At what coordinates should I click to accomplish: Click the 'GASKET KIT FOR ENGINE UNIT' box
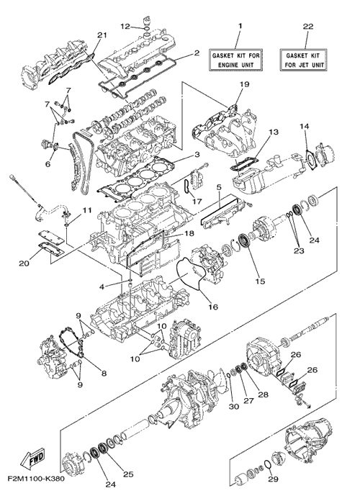[235, 60]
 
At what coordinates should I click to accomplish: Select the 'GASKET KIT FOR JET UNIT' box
[304, 60]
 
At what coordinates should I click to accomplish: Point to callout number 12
[125, 26]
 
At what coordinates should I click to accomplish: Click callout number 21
[102, 35]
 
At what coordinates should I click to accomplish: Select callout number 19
[244, 84]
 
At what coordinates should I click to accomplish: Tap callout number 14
[304, 126]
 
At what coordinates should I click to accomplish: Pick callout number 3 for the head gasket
[197, 155]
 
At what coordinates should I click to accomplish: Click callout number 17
[197, 202]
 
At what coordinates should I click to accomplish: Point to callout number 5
[219, 187]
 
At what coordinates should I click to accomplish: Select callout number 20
[24, 263]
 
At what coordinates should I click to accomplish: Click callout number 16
[213, 307]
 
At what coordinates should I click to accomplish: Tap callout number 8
[104, 373]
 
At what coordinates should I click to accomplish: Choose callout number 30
[234, 407]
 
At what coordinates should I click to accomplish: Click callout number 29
[274, 479]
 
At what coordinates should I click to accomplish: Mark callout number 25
[128, 474]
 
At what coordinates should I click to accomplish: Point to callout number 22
[308, 27]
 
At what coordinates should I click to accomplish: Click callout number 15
[260, 281]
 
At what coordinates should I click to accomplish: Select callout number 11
[86, 210]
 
